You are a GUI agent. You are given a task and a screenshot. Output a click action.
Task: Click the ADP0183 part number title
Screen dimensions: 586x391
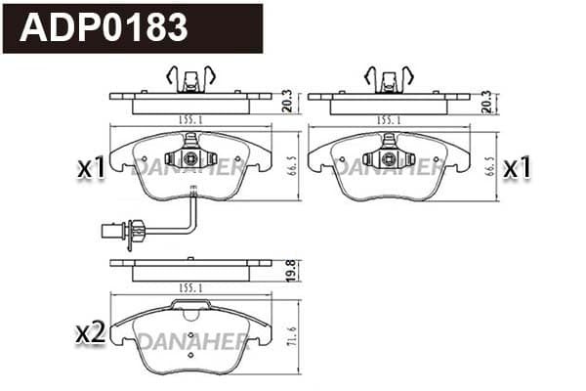(104, 27)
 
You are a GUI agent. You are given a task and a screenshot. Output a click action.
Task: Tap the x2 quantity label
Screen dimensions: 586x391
(90, 333)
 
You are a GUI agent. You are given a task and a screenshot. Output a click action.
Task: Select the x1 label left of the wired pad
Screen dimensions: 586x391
(92, 168)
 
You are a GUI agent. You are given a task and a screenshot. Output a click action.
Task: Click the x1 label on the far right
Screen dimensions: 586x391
(517, 167)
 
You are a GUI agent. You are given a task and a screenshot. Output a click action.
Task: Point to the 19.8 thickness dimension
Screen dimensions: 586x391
(292, 270)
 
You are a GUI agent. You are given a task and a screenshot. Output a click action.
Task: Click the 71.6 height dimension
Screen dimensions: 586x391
(292, 336)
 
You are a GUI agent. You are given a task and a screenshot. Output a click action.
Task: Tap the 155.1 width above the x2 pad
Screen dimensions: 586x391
(190, 288)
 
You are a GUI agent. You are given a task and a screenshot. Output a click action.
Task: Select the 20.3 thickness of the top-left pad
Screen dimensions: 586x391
(287, 102)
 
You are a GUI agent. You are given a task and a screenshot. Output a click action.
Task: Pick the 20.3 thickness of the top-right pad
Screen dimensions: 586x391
(486, 102)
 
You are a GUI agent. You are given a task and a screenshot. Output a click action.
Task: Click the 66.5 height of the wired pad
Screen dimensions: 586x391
(293, 166)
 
